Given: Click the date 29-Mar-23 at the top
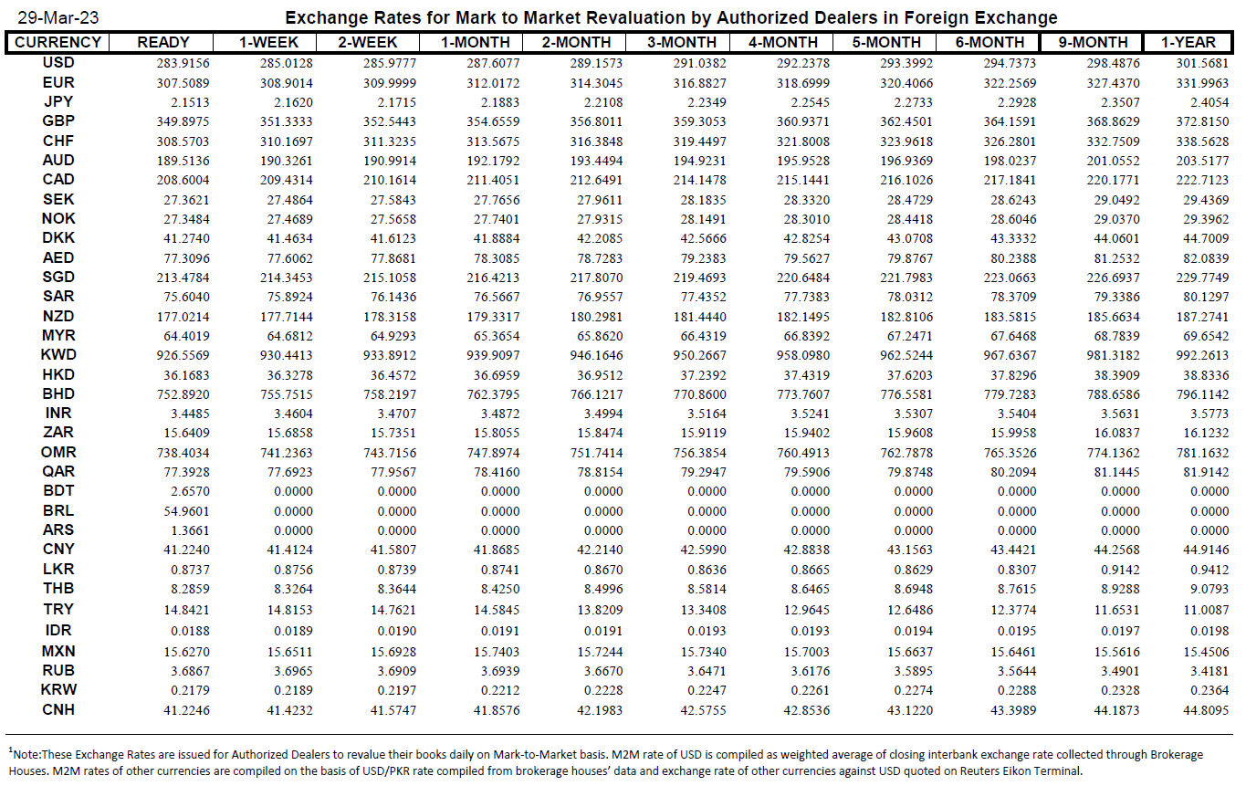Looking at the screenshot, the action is click(x=58, y=17).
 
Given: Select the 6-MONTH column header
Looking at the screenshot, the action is click(x=989, y=42).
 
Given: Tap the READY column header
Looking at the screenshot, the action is click(x=163, y=42).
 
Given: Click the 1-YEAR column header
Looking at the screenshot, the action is click(x=1188, y=42).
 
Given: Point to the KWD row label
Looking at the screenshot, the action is click(x=58, y=355).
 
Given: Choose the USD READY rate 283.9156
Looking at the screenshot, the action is click(x=183, y=63).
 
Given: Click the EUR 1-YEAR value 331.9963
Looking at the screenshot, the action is click(x=1202, y=83).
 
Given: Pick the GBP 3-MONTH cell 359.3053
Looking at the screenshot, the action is click(x=700, y=121).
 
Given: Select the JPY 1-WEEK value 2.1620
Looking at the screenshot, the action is click(x=293, y=102).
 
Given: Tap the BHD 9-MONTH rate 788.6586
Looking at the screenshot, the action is click(x=1113, y=394).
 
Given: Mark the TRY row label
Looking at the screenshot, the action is click(x=58, y=609).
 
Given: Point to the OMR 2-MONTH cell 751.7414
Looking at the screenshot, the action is click(x=596, y=453).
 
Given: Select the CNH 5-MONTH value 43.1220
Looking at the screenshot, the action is click(x=910, y=710).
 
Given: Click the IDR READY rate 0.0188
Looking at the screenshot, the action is click(x=190, y=631).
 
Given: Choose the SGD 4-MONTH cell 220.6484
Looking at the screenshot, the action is click(x=803, y=278).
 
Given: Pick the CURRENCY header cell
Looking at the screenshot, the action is click(x=58, y=42).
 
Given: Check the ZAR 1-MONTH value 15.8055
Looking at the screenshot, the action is click(x=497, y=433).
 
